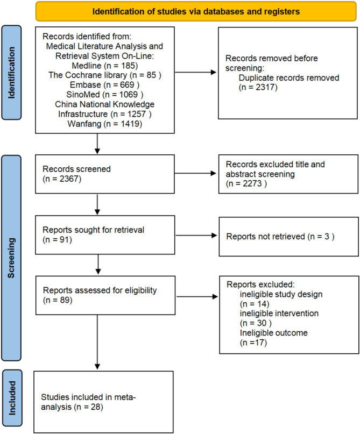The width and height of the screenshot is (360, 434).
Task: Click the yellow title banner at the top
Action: pos(196,11)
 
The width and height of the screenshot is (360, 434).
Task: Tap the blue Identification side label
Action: pos(11,73)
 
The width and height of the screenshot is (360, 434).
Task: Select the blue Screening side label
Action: pos(11,258)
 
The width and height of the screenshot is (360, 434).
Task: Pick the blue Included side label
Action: pos(12,398)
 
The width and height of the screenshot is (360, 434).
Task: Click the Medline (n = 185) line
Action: pos(105,66)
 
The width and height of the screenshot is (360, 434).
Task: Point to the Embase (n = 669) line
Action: pos(104,84)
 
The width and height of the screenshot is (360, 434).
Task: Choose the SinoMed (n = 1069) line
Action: pos(105,95)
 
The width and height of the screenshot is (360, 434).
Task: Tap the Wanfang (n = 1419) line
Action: pos(105,124)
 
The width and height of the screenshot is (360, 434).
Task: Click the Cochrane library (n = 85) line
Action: pos(105,75)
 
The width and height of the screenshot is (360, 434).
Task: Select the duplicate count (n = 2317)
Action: pos(258,87)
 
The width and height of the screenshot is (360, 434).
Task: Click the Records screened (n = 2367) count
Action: pos(62,179)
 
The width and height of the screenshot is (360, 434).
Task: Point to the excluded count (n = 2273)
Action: pos(246,183)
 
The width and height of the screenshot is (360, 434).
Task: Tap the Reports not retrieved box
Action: pos(289,237)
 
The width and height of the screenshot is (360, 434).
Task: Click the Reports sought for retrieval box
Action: pos(105,235)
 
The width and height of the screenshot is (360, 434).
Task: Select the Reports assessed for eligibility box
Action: pos(105,295)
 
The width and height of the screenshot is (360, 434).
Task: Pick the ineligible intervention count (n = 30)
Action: pos(256,323)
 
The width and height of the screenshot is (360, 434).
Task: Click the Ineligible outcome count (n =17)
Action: pos(253,343)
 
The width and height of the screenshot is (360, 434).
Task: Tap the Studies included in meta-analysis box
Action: pos(103,402)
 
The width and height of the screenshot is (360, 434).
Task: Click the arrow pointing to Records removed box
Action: pos(195,72)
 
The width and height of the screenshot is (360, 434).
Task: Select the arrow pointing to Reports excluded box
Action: pos(197,297)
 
